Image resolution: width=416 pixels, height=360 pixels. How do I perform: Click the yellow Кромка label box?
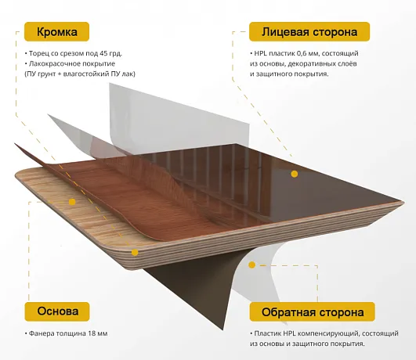click(x=56, y=31)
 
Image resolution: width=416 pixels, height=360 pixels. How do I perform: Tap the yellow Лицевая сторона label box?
click(x=309, y=31)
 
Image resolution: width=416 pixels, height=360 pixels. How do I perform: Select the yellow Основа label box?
click(x=57, y=311)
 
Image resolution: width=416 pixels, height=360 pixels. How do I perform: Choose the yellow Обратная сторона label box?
click(x=313, y=311)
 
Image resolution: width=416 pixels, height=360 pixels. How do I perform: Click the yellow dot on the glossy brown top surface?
click(x=295, y=174)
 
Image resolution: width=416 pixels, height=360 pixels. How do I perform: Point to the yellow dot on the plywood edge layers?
click(x=135, y=252)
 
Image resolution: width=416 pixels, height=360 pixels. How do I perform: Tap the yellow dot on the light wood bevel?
click(x=72, y=202)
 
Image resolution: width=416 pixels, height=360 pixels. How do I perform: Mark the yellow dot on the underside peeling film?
click(x=252, y=265)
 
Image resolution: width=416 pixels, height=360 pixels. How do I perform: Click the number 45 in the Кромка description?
click(x=103, y=53)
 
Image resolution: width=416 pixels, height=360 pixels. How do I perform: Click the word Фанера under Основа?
click(x=39, y=333)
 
